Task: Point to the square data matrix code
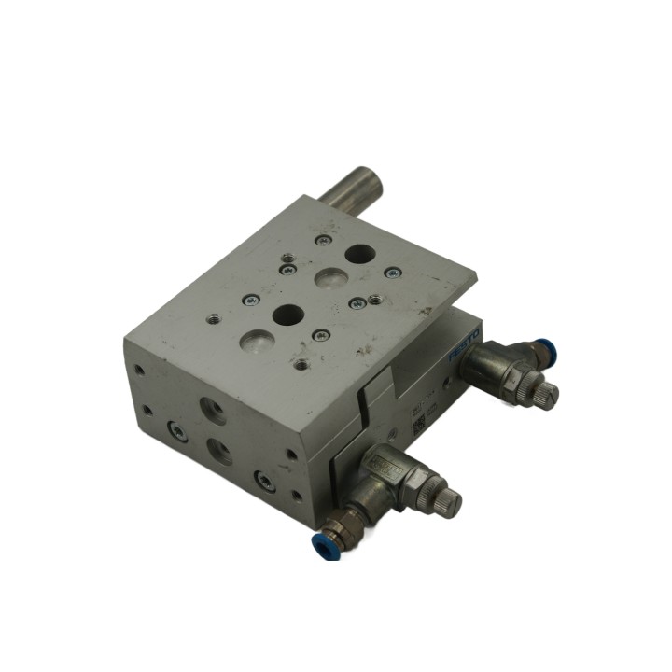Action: [419, 424]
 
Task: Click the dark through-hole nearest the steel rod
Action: [357, 253]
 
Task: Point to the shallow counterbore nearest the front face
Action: [254, 343]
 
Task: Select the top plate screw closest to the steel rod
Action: [323, 241]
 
